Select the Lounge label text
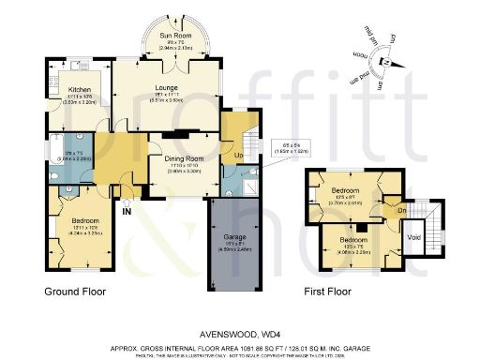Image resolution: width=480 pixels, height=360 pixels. coord(166,87)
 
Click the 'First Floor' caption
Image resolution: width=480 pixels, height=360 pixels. coord(327,292)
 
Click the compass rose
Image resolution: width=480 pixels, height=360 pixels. coord(383,60)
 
